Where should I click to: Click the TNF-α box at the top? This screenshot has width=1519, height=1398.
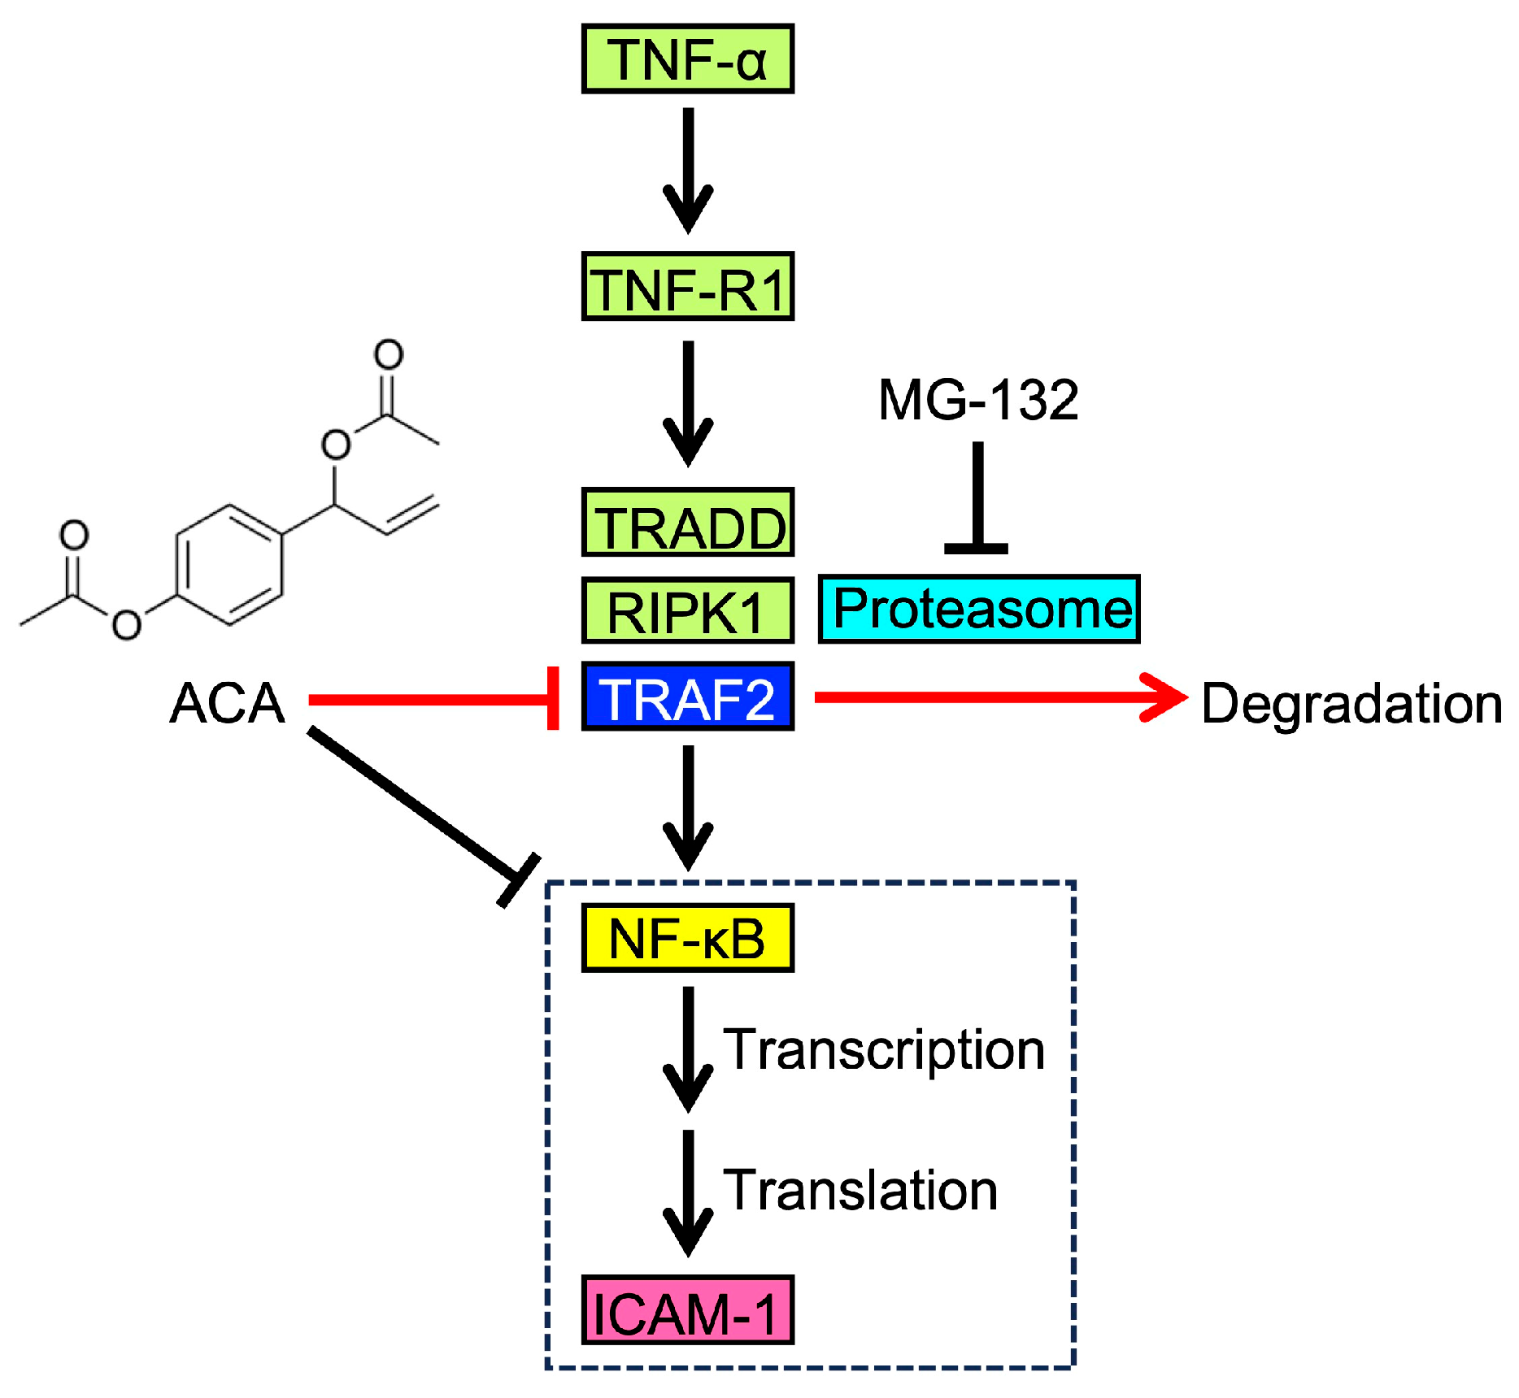(x=687, y=59)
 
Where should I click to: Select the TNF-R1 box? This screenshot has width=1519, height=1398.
(x=687, y=287)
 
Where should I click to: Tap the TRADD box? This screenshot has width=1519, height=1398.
(x=687, y=523)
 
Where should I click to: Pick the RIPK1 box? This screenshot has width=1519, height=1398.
(x=687, y=610)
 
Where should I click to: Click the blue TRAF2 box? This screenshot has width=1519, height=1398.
(x=687, y=697)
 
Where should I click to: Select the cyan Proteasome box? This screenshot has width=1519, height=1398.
(x=979, y=610)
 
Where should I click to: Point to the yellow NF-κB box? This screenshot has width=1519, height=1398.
(x=687, y=938)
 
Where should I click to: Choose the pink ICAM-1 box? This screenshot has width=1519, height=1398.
(x=687, y=1310)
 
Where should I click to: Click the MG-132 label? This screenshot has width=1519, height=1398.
(x=978, y=400)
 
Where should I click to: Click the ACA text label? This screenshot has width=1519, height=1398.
(x=227, y=703)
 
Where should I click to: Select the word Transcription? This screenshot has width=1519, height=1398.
(x=884, y=1049)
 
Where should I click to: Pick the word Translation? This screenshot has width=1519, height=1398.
(x=860, y=1190)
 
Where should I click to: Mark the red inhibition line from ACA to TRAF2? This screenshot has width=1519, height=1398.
(x=431, y=699)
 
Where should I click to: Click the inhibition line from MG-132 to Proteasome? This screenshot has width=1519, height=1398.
(x=978, y=496)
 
